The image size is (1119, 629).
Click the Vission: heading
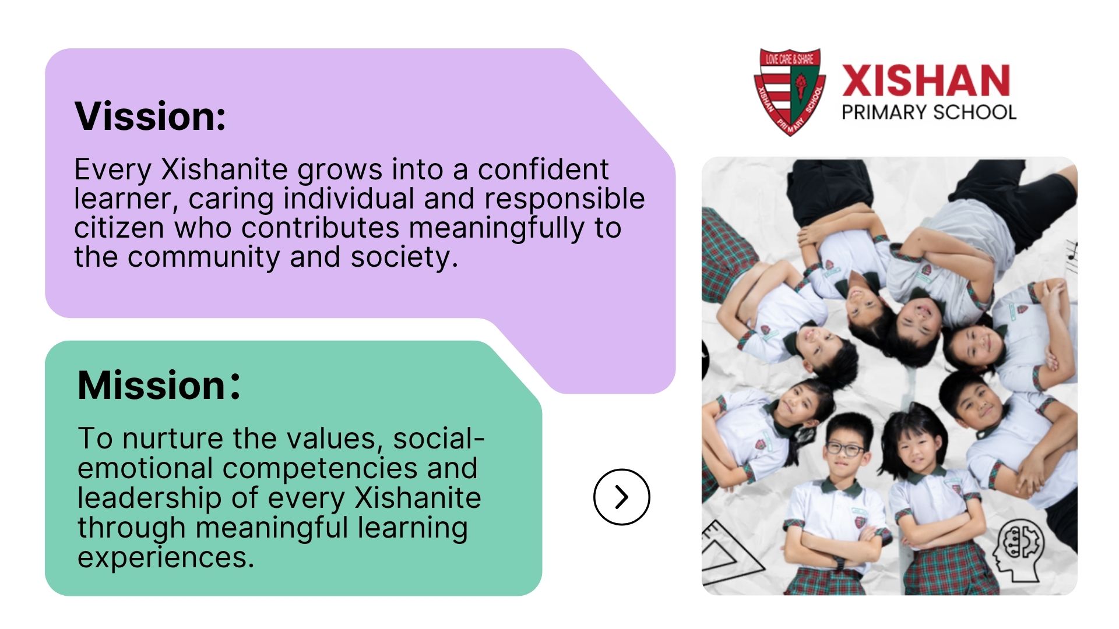click(150, 116)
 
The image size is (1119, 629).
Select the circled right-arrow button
click(622, 497)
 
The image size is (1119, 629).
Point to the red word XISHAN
click(926, 80)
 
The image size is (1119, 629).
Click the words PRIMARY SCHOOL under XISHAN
click(929, 112)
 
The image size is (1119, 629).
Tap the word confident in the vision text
click(543, 169)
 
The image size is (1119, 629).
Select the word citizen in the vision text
click(119, 228)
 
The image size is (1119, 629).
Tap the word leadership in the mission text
click(149, 498)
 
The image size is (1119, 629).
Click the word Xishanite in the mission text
click(417, 498)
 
